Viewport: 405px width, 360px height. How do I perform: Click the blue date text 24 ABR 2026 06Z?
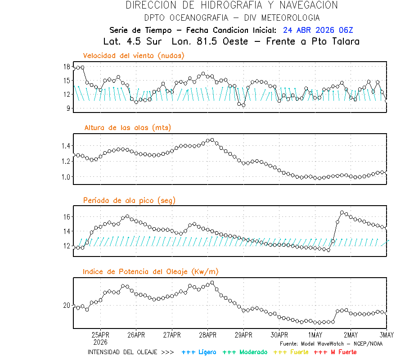point(318,30)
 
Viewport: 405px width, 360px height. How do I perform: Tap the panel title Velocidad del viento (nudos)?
point(134,55)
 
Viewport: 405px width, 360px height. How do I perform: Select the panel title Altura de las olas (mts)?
point(127,128)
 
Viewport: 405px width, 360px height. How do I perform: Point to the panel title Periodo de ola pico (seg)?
point(129,200)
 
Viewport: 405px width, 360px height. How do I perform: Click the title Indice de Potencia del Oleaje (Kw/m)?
point(150,271)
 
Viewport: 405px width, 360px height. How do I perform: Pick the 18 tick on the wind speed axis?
point(66,67)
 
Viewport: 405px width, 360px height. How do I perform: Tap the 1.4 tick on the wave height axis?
point(65,146)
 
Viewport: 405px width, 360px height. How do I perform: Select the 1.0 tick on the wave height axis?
point(65,177)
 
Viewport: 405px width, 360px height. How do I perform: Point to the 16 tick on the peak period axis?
point(66,216)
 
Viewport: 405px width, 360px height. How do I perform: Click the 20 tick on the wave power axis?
point(66,305)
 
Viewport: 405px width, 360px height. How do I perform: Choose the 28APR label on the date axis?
point(207,335)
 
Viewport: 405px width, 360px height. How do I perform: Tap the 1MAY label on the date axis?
point(315,335)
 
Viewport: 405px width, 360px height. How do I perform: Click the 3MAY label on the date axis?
point(387,335)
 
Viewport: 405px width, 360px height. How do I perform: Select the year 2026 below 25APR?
point(100,342)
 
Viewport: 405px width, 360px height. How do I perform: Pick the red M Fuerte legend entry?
point(335,352)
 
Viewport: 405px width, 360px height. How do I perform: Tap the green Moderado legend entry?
point(245,352)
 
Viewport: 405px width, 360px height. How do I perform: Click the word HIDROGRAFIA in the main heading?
point(230,5)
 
